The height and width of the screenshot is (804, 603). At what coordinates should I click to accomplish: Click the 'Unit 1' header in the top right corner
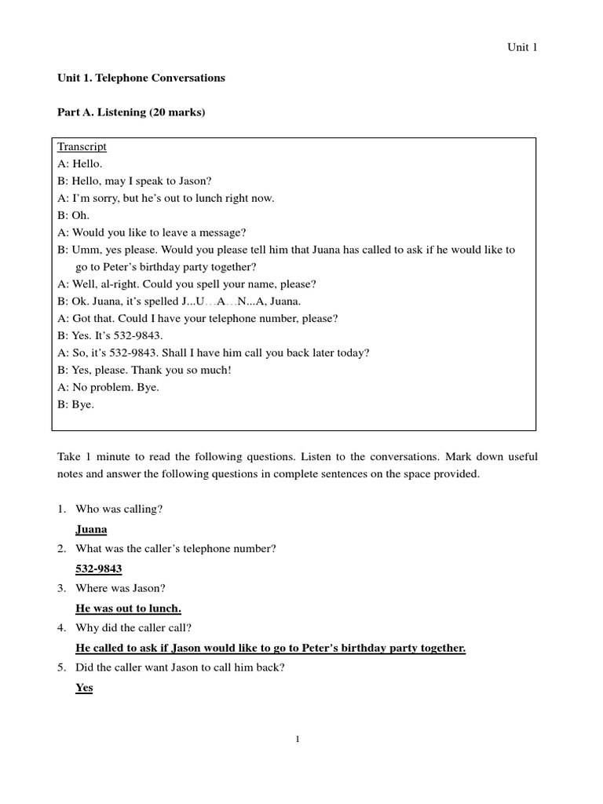(x=521, y=47)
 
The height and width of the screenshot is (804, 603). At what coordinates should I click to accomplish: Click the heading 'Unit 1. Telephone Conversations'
(x=141, y=79)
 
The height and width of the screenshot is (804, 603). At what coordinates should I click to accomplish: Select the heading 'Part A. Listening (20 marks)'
(x=131, y=113)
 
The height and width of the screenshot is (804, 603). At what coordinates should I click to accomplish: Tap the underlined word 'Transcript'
(x=82, y=147)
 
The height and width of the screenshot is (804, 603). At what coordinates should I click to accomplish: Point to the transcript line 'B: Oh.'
(x=74, y=215)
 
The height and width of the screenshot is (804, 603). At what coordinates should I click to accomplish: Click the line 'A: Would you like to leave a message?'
(x=152, y=232)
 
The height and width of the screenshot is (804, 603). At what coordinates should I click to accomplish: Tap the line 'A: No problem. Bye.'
(x=108, y=388)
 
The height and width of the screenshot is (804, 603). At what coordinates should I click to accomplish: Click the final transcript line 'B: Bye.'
(x=75, y=405)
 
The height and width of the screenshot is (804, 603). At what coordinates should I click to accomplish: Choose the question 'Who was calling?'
(x=119, y=509)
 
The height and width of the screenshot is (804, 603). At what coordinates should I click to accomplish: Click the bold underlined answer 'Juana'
(x=91, y=529)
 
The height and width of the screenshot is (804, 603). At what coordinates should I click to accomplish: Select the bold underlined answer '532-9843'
(x=99, y=568)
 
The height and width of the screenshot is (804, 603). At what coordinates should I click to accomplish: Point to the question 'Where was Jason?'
(x=121, y=588)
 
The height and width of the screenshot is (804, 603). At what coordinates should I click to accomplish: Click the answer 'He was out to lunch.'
(x=129, y=608)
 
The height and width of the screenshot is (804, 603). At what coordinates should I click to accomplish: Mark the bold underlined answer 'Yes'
(x=84, y=688)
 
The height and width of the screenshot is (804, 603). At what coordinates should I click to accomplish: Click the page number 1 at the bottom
(x=298, y=738)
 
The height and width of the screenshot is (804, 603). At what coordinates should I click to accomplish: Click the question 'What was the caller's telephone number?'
(x=176, y=548)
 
